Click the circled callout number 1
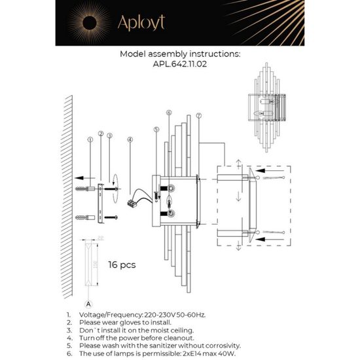coord(90,139)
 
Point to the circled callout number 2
coord(100,134)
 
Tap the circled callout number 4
coord(130,139)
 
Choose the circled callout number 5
coord(156,130)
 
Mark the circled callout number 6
coord(169,113)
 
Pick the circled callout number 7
coord(198,116)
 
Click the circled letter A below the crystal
coord(88,304)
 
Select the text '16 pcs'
coord(122,265)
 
